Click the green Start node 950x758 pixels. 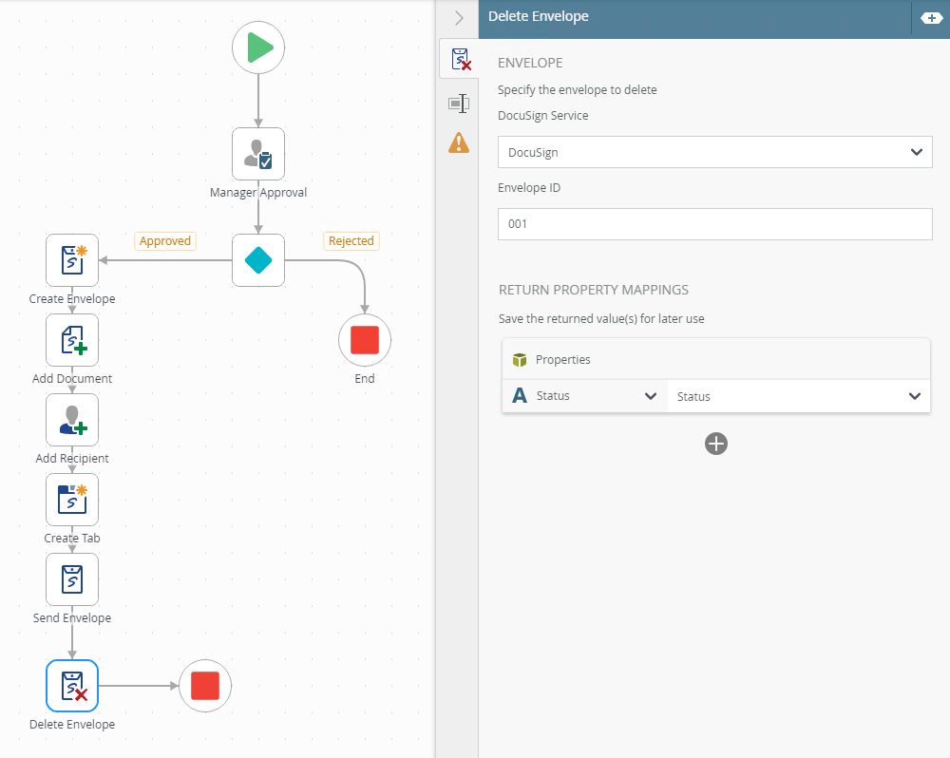pyautogui.click(x=258, y=47)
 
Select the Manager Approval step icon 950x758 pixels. pyautogui.click(x=258, y=154)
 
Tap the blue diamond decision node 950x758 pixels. pyautogui.click(x=258, y=260)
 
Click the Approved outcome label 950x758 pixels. pyautogui.click(x=164, y=241)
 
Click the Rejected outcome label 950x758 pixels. pyautogui.click(x=351, y=241)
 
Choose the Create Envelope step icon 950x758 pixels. pyautogui.click(x=72, y=260)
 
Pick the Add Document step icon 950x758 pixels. pyautogui.click(x=72, y=340)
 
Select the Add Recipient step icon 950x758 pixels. pyautogui.click(x=72, y=420)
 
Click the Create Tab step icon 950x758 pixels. pyautogui.click(x=72, y=500)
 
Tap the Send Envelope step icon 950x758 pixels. pyautogui.click(x=72, y=579)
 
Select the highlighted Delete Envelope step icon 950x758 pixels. pyautogui.click(x=72, y=686)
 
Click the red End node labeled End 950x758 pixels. pyautogui.click(x=365, y=340)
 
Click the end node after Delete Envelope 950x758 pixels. pyautogui.click(x=205, y=686)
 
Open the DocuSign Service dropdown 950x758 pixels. pyautogui.click(x=715, y=152)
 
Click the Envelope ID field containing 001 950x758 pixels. pyautogui.click(x=715, y=224)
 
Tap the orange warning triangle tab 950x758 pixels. pyautogui.click(x=459, y=143)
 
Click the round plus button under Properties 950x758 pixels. pyautogui.click(x=716, y=444)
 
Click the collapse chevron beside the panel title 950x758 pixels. pyautogui.click(x=459, y=18)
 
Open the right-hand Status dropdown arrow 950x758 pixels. pyautogui.click(x=915, y=396)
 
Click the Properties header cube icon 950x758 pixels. pyautogui.click(x=520, y=360)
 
